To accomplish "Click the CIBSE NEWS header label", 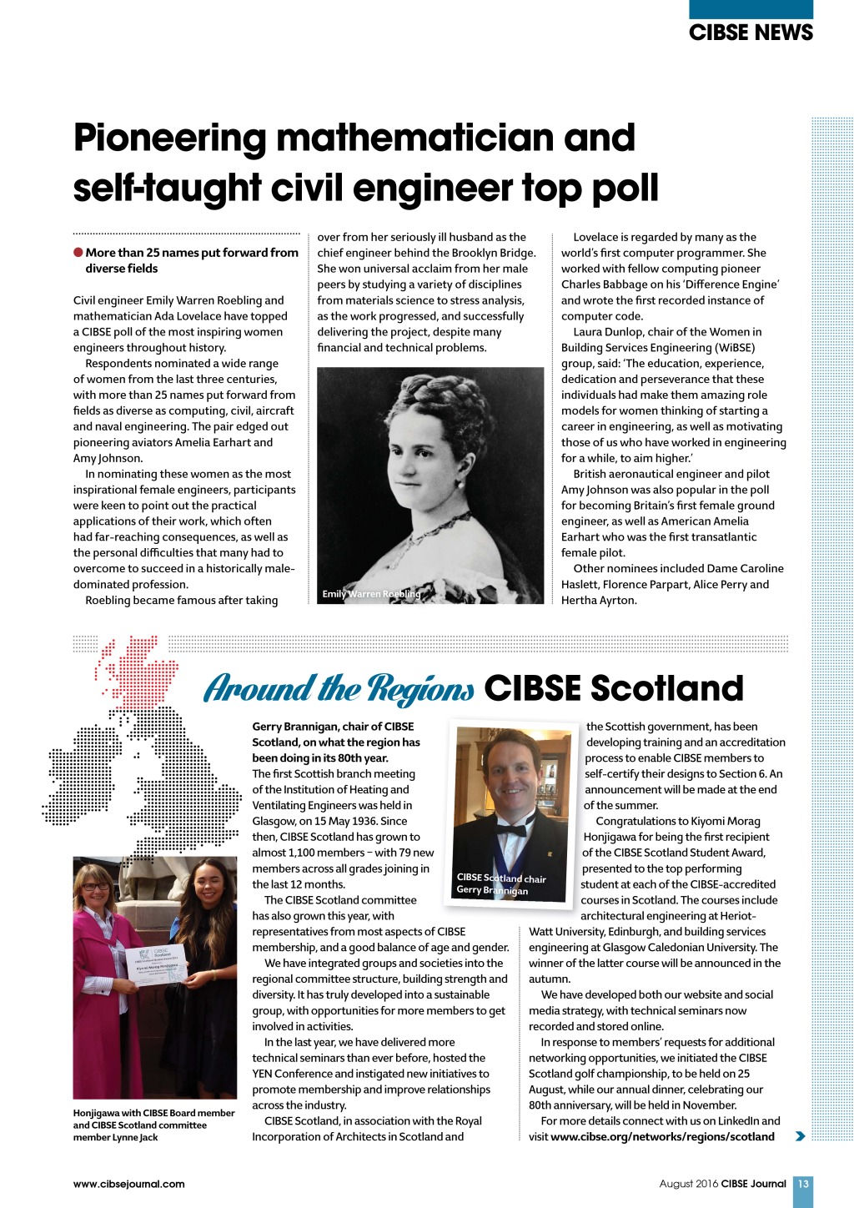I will tap(751, 33).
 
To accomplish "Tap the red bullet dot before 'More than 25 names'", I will tap(78, 253).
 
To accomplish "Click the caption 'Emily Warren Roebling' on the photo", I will tap(371, 594).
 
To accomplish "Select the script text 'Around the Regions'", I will tap(339, 689).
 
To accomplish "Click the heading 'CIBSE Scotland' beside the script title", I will tap(613, 689).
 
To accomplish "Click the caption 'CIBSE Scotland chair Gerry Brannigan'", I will tap(500, 883).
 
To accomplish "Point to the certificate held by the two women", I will tap(158, 967).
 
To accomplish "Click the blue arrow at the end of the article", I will tap(801, 1136).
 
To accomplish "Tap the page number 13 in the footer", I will tap(802, 1184).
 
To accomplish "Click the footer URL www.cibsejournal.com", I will tap(128, 1184).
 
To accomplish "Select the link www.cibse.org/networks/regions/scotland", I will tap(662, 1136).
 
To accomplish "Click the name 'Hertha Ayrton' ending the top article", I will tap(599, 600).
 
